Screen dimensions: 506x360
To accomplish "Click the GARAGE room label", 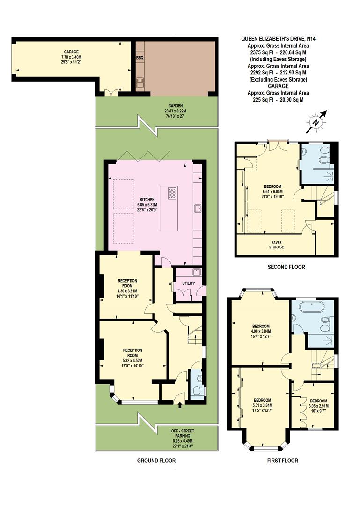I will click(71, 52).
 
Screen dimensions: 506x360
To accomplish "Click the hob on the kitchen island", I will click(172, 193).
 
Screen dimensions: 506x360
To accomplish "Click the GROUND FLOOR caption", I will click(156, 461).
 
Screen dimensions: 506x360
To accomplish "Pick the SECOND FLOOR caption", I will click(286, 267).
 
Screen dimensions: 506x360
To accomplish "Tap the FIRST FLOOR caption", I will click(282, 461).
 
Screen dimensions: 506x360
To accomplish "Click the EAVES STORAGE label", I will click(276, 244).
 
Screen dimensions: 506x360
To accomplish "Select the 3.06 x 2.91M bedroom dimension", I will click(318, 406).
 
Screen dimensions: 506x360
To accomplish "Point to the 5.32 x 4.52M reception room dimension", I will click(132, 360).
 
